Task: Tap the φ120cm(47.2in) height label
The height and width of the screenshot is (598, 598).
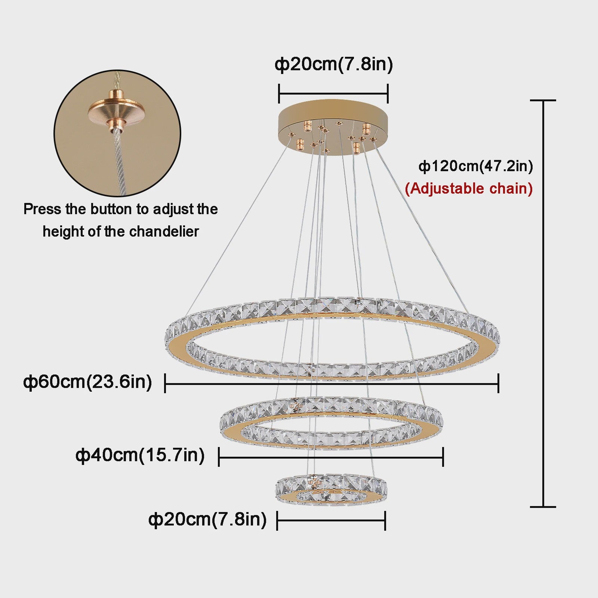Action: point(476,166)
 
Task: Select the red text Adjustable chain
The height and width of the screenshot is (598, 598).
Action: point(469,188)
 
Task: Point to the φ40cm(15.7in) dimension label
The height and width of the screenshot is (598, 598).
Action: point(140,455)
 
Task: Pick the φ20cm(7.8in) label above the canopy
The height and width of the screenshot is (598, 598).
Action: point(334,64)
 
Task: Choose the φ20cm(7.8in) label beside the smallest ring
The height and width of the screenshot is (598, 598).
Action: point(207,520)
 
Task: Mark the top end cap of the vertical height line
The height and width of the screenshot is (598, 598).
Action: point(543,101)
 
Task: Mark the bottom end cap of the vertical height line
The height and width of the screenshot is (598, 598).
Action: point(543,507)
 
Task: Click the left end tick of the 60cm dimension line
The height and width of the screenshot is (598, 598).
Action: point(165,383)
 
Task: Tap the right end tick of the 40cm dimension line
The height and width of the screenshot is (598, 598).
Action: point(443,456)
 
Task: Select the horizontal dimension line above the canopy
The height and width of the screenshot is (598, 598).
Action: point(333,93)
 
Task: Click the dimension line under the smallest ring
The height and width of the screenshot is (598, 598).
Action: point(331,520)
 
